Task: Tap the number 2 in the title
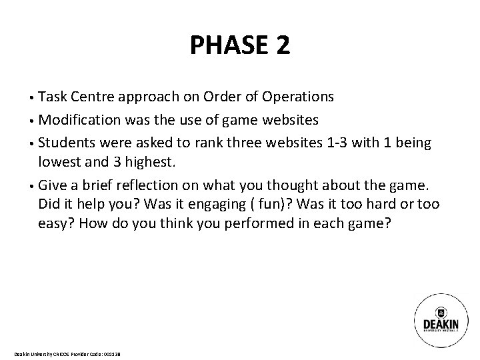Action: (281, 45)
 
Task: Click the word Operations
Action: (298, 97)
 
